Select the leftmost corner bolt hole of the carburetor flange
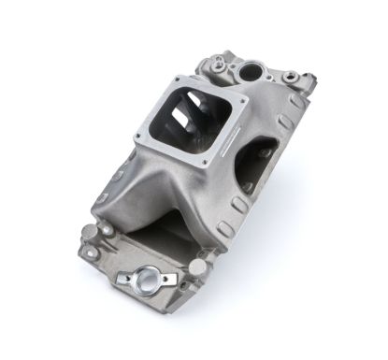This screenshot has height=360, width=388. click(137, 138)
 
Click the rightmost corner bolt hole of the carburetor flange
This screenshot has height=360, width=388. click(245, 100)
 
